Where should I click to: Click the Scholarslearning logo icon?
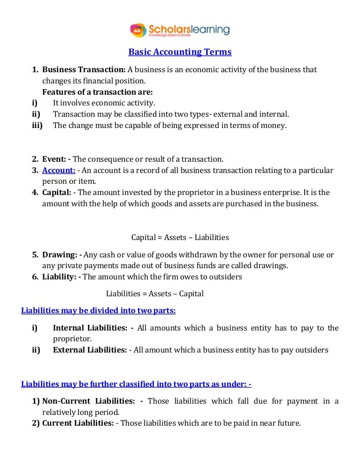(138, 30)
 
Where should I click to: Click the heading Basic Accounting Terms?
(180, 52)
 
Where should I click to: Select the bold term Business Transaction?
(84, 69)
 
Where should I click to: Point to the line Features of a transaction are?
(97, 92)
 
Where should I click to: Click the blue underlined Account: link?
(59, 170)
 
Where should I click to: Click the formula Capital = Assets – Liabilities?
(180, 237)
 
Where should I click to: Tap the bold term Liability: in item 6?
(61, 277)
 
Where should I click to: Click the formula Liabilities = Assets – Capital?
(155, 294)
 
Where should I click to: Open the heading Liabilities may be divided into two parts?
(98, 310)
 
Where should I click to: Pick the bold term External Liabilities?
(90, 350)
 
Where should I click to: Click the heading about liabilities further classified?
(136, 384)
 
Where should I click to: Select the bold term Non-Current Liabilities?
(92, 401)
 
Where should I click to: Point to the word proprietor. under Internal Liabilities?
(72, 338)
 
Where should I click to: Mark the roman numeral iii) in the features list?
(37, 125)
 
